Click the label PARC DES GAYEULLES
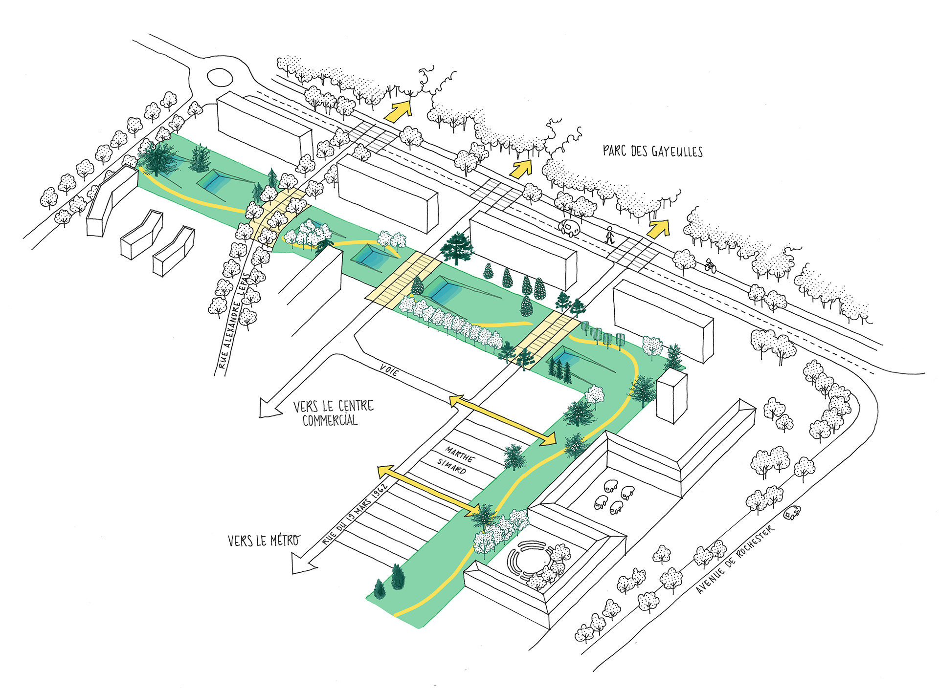point(652,151)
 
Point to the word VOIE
point(389,370)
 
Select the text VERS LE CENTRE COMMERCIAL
point(333,413)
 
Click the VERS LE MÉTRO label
point(264,540)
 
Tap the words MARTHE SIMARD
point(455,460)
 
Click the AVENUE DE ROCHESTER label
point(735,559)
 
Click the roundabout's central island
point(219,77)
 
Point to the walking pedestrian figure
point(609,236)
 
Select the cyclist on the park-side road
point(711,266)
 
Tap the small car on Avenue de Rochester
point(792,513)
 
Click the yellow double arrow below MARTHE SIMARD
point(428,490)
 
